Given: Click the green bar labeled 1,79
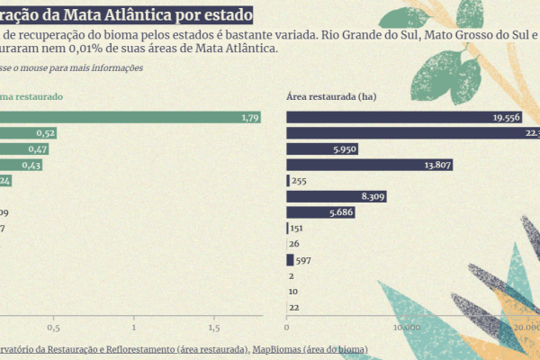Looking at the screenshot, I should click(130, 117).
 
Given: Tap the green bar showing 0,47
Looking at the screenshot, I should click(25, 148).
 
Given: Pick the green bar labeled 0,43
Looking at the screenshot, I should click(22, 165).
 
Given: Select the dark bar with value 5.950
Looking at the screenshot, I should click(322, 148).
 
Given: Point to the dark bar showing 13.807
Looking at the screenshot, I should click(369, 165).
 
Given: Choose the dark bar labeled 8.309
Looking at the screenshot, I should click(337, 196).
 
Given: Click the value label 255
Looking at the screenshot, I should click(300, 181).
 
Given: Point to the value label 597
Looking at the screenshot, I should click(303, 260).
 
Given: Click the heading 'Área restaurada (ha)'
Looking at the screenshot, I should click(330, 95).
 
